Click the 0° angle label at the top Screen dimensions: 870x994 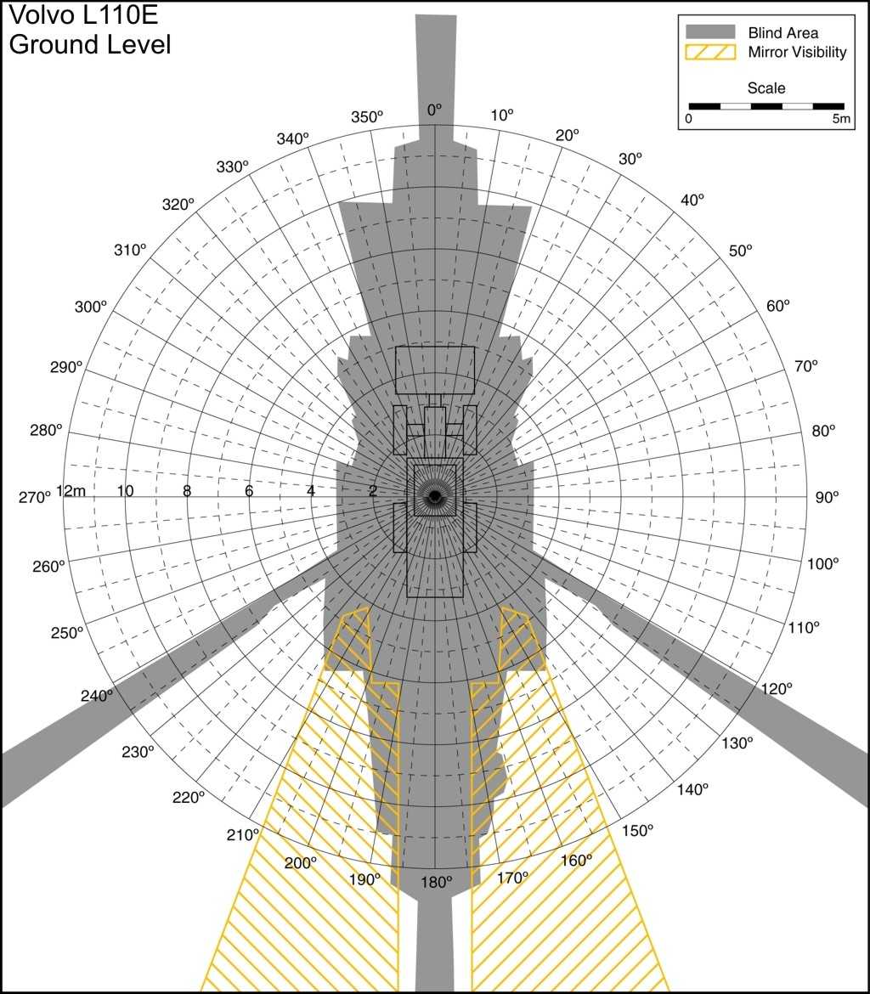pos(434,110)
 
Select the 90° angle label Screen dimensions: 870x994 pos(827,498)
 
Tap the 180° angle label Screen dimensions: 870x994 pos(436,883)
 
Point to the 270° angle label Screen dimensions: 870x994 pos(34,498)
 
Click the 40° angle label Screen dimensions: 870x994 pos(692,200)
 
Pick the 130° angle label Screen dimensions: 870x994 pos(737,743)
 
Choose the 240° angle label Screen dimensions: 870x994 pos(96,696)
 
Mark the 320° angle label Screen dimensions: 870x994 pos(178,205)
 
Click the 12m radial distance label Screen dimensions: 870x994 pos(71,491)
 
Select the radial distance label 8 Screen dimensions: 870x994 pos(187,491)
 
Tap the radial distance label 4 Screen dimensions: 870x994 pos(311,491)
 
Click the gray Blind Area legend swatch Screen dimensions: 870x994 pos(710,32)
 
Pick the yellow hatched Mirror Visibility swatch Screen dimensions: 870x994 pos(710,52)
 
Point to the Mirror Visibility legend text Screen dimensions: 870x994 pos(797,53)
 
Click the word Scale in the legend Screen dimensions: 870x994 pos(766,88)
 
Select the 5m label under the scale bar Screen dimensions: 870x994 pos(841,119)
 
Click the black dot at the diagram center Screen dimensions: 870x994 pos(434,496)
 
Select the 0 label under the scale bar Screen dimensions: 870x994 pos(689,119)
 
